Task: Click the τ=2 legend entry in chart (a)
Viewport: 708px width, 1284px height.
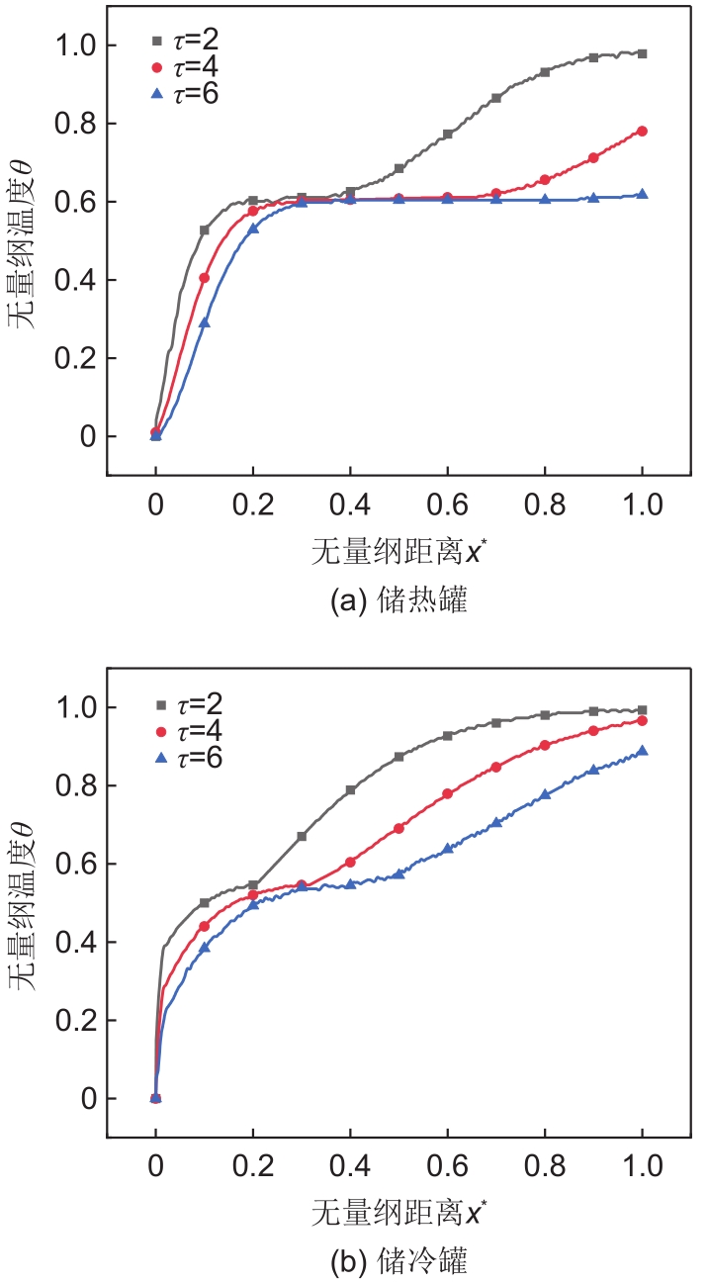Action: tap(188, 43)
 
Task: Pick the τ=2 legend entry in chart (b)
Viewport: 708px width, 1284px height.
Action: tap(188, 705)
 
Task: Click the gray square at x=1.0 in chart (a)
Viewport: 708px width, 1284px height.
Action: tap(643, 53)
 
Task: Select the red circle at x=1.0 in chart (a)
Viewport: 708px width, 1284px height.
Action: tap(643, 131)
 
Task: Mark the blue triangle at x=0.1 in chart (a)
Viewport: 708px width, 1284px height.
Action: tap(205, 322)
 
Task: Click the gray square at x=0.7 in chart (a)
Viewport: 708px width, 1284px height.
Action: tap(496, 98)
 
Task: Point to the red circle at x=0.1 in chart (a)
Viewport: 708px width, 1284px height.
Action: tap(205, 278)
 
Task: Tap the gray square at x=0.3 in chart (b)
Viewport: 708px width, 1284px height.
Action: tap(302, 836)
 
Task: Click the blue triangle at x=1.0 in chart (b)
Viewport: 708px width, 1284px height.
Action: tap(643, 751)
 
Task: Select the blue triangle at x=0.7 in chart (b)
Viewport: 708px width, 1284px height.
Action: tap(496, 822)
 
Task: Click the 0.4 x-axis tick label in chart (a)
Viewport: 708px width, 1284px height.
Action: tap(350, 506)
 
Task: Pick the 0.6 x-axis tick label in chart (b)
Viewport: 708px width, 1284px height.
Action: tap(448, 1168)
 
